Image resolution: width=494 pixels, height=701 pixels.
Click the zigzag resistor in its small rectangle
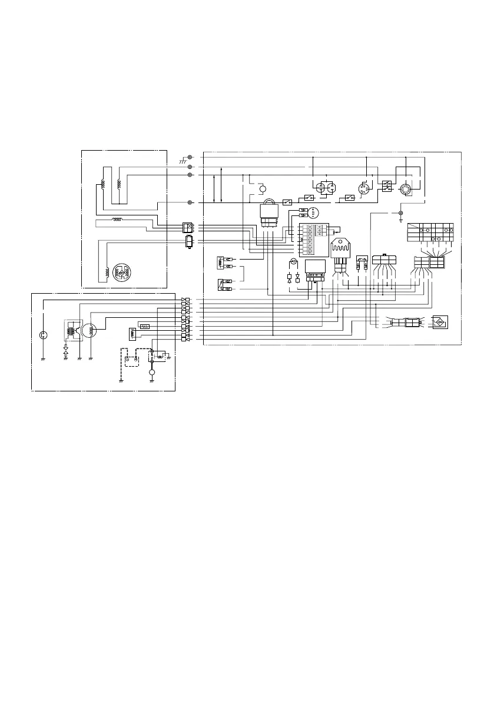145,324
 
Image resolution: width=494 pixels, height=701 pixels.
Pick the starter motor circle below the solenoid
152,373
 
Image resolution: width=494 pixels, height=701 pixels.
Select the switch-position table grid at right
430,232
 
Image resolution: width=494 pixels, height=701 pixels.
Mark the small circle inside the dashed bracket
263,190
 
